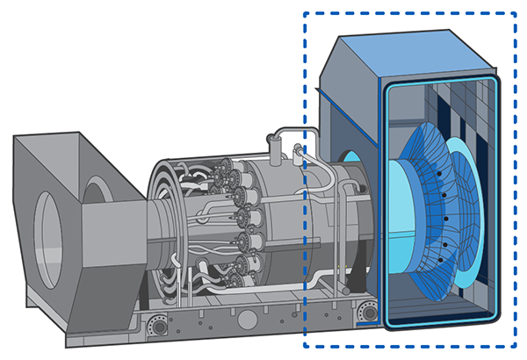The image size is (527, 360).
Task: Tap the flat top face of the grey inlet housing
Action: (x=53, y=140)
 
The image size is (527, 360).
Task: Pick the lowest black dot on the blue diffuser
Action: (x=445, y=245)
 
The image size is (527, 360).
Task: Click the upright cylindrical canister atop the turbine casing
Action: (x=281, y=155)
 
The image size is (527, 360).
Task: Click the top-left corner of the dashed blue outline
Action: (x=304, y=13)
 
